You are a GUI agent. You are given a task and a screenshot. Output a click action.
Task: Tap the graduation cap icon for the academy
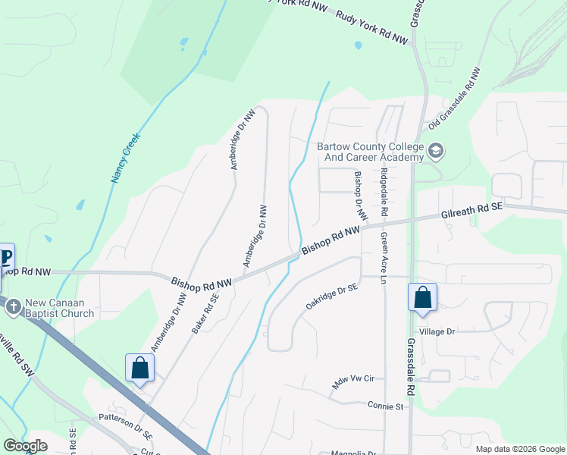pos(436,151)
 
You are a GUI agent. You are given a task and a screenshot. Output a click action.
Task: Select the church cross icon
pos(13,307)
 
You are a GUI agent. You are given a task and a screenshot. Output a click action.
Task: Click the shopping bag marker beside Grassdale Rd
pos(422,297)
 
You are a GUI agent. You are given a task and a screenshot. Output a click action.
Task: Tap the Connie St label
pos(387,406)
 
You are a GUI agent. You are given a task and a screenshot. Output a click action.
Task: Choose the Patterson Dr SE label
pos(126,427)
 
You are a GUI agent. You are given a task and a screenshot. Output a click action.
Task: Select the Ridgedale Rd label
pos(384,188)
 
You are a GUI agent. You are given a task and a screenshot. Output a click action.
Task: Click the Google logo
pos(26,446)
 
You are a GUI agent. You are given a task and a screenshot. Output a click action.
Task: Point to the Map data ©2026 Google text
pos(519,449)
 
